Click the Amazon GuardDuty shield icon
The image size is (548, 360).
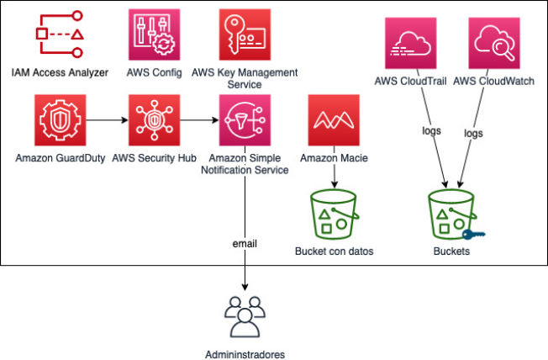[x=59, y=120]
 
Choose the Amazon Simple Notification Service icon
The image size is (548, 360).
[x=244, y=120]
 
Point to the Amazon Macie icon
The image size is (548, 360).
[x=334, y=120]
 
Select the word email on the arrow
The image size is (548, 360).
[x=245, y=243]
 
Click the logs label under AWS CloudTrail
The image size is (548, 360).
[x=431, y=132]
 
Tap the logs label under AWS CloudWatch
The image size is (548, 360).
[x=474, y=133]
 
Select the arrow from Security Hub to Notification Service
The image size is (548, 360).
[x=198, y=120]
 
